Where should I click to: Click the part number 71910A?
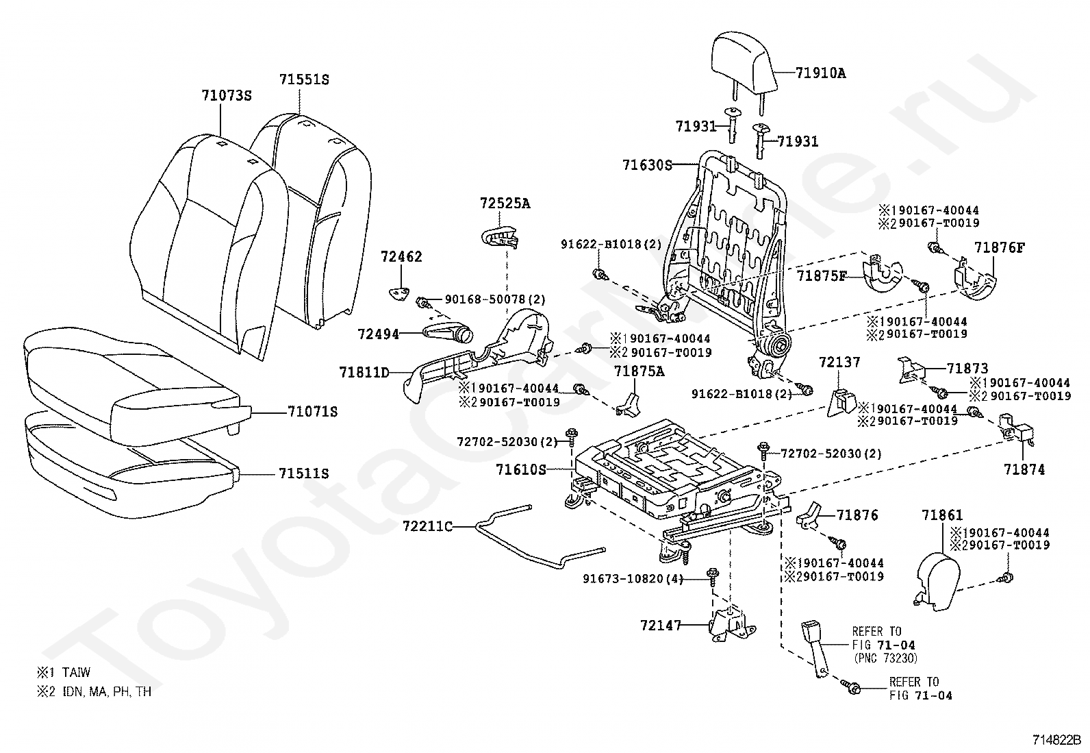[821, 73]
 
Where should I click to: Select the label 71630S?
[647, 165]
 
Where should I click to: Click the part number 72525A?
[505, 203]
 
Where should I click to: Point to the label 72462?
[401, 256]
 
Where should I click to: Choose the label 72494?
[378, 334]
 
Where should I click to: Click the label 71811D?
[364, 373]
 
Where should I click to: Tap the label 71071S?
[312, 412]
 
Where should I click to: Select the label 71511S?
[303, 473]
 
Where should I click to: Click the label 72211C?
[427, 526]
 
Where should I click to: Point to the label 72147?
[660, 625]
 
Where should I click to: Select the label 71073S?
[227, 95]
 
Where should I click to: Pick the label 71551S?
[304, 79]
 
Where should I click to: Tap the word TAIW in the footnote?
[77, 673]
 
